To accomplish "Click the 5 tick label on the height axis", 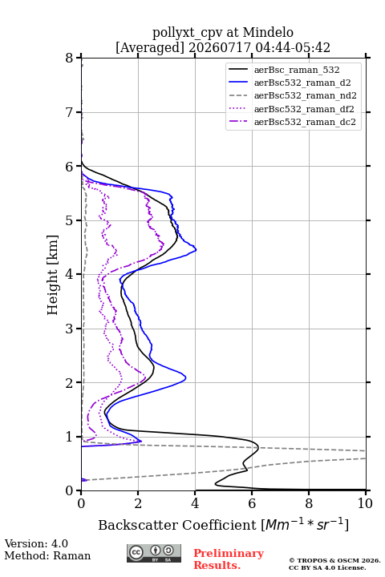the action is point(70,220).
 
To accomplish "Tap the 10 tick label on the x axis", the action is point(365,503).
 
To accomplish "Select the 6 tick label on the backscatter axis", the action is point(252,503).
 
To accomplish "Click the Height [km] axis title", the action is point(53,275).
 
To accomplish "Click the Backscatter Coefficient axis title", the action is point(223,525).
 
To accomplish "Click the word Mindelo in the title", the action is point(268,32).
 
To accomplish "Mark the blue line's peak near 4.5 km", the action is point(196,249).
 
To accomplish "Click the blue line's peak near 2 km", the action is point(185,377).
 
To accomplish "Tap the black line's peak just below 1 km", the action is point(258,447).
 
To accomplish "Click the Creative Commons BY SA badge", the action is point(154,554).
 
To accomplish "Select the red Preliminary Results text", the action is point(229,559).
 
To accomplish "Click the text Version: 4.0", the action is point(36,543).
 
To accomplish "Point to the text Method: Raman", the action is point(47,555).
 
